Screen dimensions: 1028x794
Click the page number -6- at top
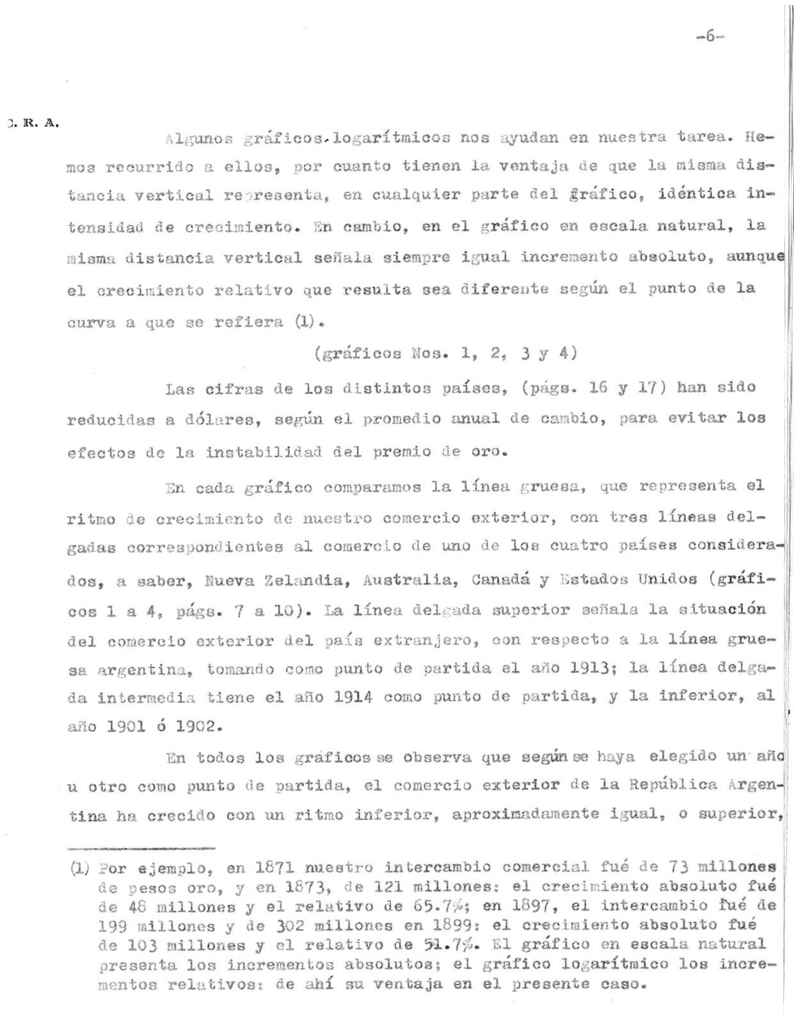709,36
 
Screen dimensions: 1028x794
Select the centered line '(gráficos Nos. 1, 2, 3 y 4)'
446,353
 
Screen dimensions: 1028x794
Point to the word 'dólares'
220,420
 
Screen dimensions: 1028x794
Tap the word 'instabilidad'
264,452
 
